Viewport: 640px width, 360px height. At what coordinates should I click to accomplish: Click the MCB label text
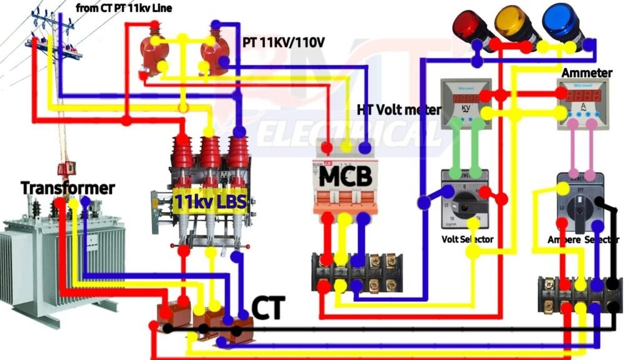[x=346, y=176]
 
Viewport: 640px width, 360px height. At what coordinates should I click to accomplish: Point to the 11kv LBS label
[x=210, y=201]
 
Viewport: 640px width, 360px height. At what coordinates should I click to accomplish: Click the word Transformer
[x=67, y=187]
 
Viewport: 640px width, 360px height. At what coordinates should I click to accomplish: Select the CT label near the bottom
[x=268, y=308]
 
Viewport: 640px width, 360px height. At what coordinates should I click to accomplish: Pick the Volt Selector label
[x=467, y=239]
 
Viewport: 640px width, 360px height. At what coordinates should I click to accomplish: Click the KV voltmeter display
[x=465, y=103]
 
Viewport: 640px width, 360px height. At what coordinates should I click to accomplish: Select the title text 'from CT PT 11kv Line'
[x=124, y=8]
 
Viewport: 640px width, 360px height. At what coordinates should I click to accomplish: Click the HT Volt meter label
[x=398, y=109]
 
